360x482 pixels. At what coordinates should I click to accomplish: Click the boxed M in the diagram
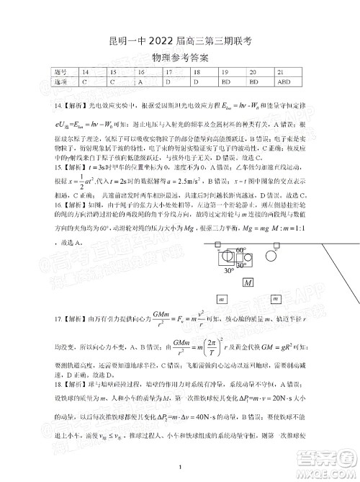[x=247, y=283]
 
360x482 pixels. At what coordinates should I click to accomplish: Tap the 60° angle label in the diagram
[x=240, y=251]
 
